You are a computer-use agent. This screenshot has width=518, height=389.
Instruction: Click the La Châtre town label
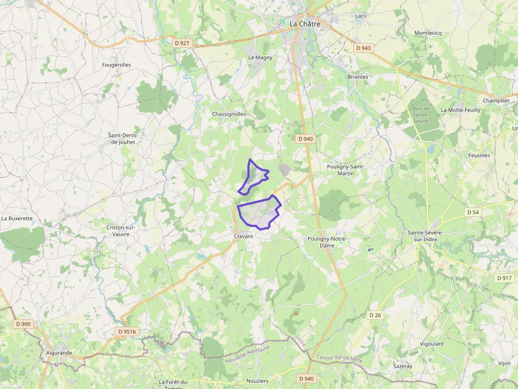click(x=305, y=24)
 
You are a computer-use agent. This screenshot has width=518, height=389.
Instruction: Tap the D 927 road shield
click(x=181, y=43)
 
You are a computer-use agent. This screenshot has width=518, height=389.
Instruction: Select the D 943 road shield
click(x=363, y=48)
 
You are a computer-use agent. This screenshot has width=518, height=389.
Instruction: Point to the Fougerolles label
click(x=116, y=65)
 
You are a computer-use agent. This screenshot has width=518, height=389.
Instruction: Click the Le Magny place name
click(x=261, y=58)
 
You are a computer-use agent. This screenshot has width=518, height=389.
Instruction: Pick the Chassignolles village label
click(x=229, y=114)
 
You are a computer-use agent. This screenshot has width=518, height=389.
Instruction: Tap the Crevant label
click(x=244, y=236)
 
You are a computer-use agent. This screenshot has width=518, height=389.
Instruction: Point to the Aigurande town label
click(x=59, y=353)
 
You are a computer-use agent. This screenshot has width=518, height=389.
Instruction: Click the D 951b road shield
click(x=127, y=331)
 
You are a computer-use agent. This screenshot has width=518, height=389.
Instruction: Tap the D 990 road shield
click(x=24, y=324)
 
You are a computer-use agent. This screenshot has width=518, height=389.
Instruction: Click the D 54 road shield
click(x=473, y=212)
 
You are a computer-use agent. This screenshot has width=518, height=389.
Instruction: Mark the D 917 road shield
click(x=504, y=278)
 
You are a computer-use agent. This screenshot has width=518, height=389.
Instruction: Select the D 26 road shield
click(x=375, y=315)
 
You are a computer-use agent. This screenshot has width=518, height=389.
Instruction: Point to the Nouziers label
click(x=257, y=381)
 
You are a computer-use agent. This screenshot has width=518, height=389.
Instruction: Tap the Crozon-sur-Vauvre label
click(x=121, y=231)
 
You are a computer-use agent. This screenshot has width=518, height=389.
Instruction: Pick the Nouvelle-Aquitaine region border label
click(x=247, y=354)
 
